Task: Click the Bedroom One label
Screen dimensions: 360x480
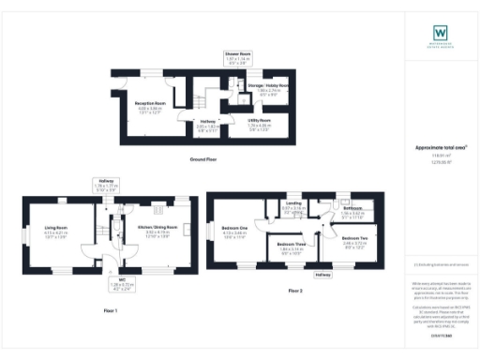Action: (234, 231)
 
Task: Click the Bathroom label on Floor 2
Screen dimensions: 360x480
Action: (352, 211)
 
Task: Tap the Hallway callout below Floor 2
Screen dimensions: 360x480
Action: (323, 275)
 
